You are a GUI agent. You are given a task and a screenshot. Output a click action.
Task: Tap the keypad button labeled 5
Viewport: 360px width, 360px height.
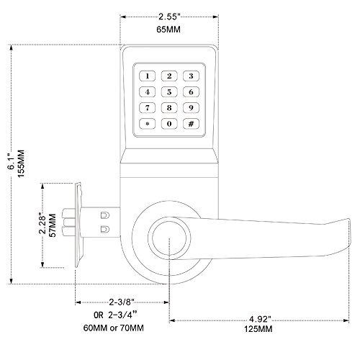(x=169, y=91)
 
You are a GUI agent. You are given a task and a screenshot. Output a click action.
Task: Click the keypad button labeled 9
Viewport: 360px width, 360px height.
(x=191, y=107)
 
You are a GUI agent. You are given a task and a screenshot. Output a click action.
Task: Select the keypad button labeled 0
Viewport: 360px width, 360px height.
(x=169, y=123)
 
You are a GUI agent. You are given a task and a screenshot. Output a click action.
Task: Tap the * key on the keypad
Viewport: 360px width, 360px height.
(x=148, y=123)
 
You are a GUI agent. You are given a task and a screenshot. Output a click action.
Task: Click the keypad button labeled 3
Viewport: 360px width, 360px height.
(x=191, y=76)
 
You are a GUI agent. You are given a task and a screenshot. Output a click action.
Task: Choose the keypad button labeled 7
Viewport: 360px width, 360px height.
(x=148, y=107)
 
